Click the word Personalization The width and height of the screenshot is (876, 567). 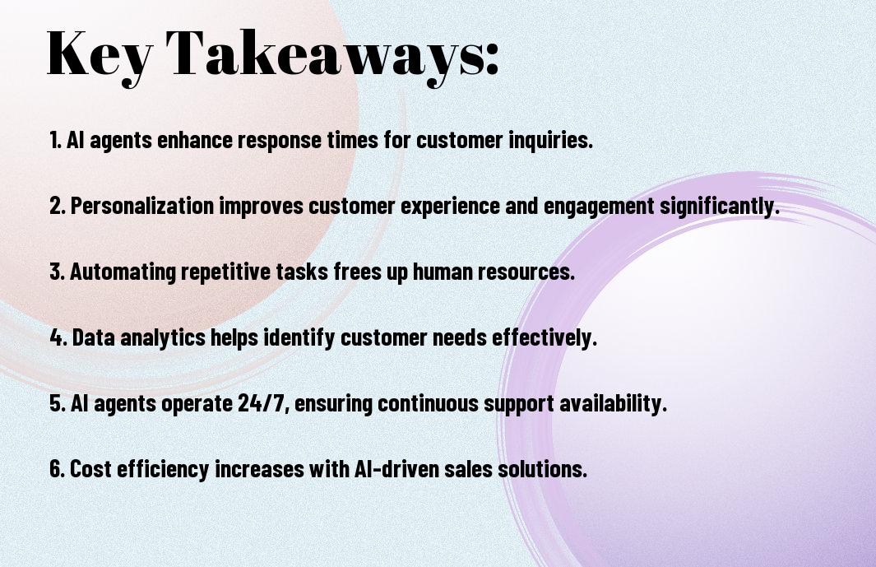click(x=142, y=206)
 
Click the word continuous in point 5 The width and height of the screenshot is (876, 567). click(x=428, y=403)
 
